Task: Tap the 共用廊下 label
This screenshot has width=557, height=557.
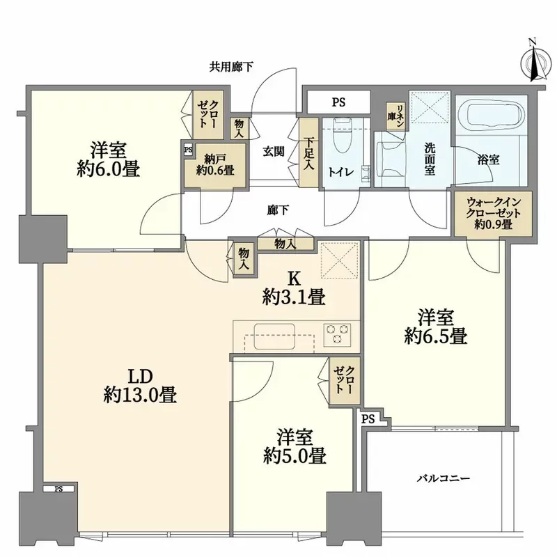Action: [231, 67]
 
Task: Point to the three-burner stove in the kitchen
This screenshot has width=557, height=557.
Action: [337, 334]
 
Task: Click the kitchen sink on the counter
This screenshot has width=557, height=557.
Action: [274, 336]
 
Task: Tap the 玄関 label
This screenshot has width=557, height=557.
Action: [273, 152]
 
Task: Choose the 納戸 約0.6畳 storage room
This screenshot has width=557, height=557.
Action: [215, 164]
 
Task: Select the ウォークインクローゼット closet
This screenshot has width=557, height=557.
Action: [494, 214]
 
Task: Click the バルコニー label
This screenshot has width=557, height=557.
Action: [444, 478]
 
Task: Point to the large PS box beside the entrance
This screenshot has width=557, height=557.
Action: [338, 102]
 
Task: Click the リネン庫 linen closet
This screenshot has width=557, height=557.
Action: [395, 116]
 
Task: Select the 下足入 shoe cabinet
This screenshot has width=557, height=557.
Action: [308, 152]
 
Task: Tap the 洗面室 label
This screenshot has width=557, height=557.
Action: [430, 159]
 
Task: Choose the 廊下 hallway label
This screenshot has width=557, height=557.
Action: [277, 211]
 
